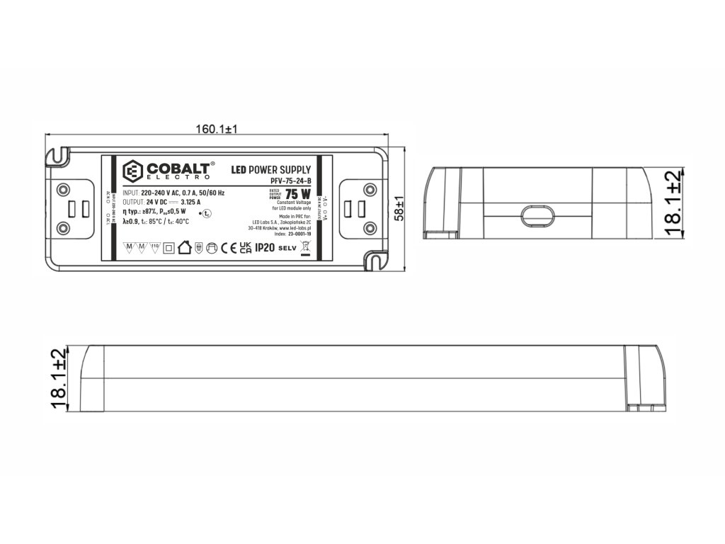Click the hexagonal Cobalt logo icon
133,171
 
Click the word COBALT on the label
178,169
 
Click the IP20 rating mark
264,247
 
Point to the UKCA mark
245,248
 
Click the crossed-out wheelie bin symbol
306,248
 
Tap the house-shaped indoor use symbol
184,247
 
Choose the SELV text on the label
286,248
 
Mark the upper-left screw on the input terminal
63,189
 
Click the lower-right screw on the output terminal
369,228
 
